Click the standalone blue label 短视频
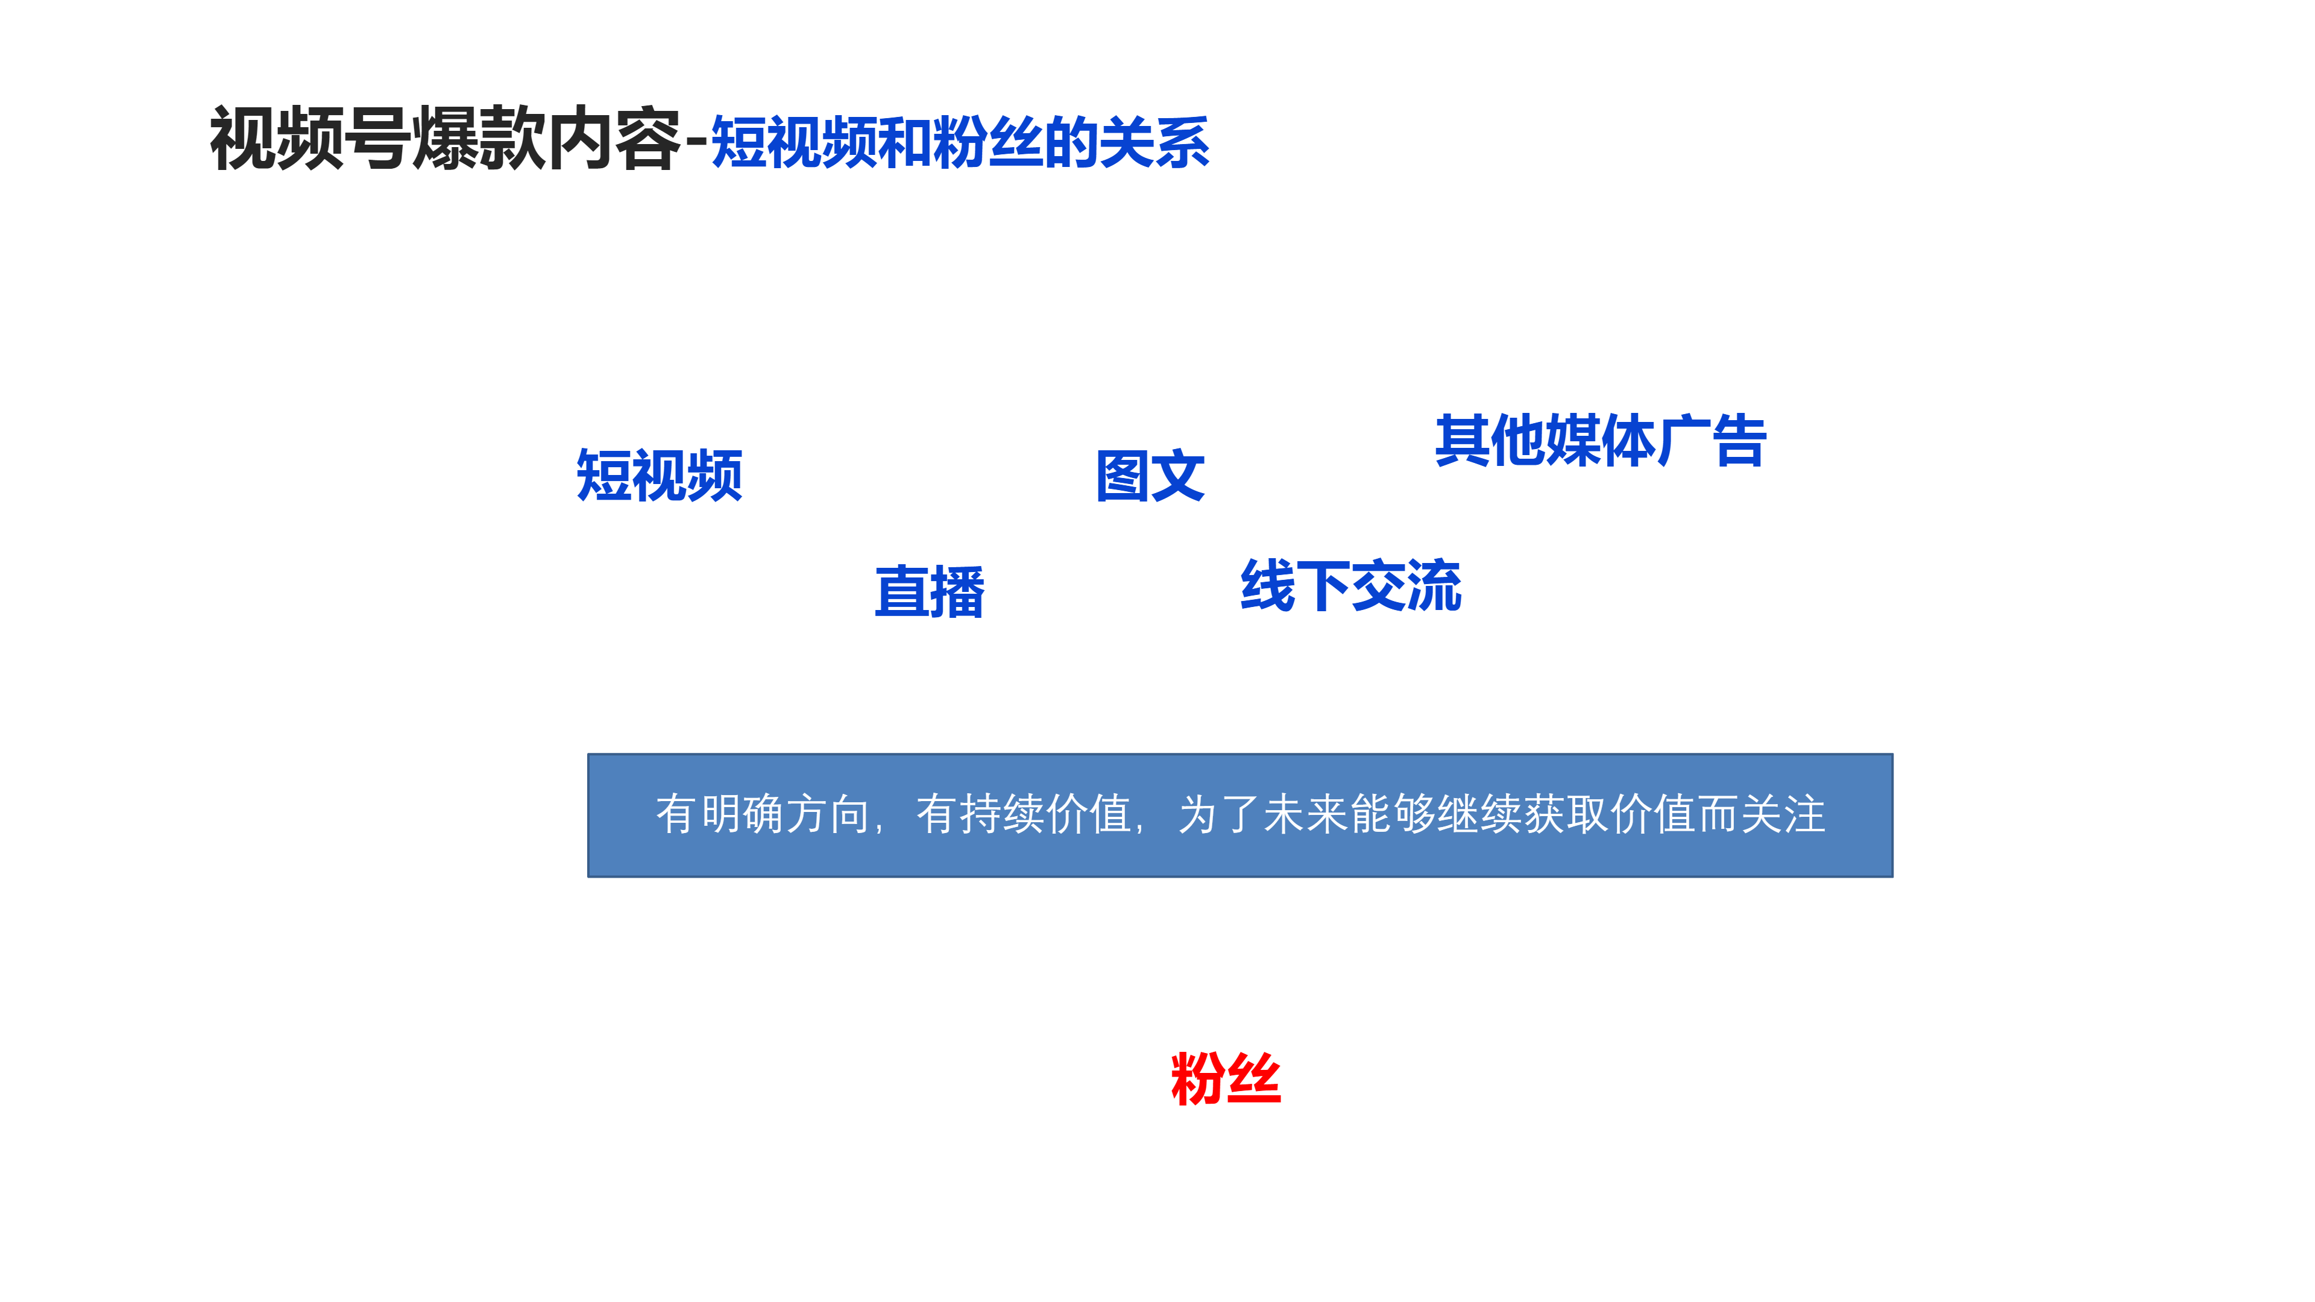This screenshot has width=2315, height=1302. coord(660,476)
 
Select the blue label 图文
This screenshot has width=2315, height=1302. coord(1150,476)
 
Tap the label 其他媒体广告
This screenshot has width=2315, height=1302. coord(1601,440)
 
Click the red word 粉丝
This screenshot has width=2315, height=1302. coord(1226,1078)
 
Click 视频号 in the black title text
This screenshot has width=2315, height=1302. coord(310,139)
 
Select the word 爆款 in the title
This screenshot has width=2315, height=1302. coord(479,139)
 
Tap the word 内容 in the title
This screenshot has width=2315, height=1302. coord(614,139)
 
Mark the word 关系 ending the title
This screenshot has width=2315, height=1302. coord(1155,142)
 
